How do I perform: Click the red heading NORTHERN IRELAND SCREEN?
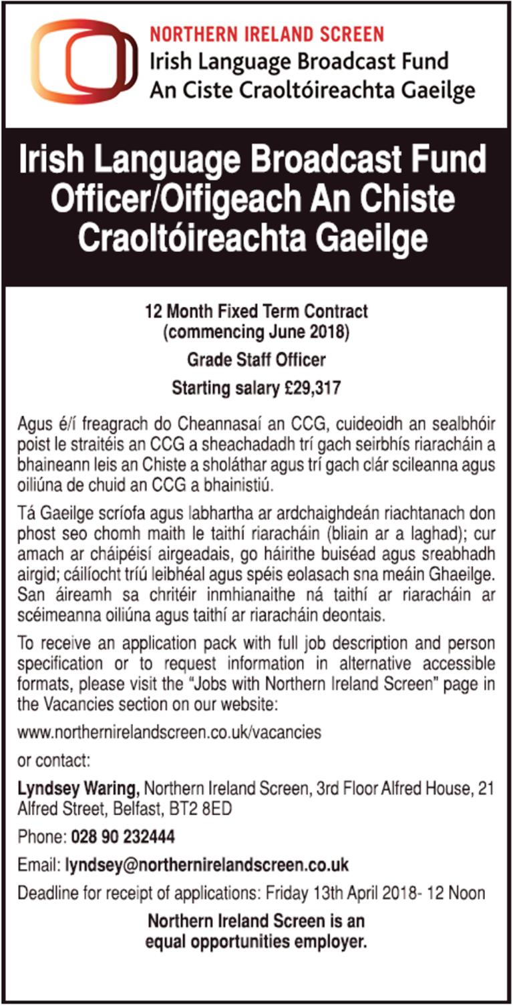click(267, 34)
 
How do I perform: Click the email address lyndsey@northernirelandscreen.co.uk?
click(207, 864)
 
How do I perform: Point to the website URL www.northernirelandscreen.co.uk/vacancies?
click(169, 732)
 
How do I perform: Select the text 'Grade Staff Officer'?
click(256, 360)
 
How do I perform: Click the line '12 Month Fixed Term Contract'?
click(256, 311)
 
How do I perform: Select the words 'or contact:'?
click(55, 761)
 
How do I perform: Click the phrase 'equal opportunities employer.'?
click(256, 944)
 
